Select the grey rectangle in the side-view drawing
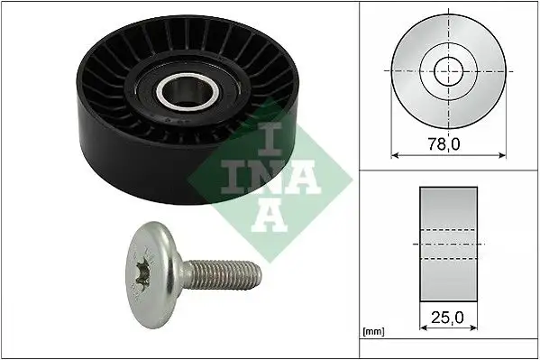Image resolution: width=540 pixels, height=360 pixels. point(446,244)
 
